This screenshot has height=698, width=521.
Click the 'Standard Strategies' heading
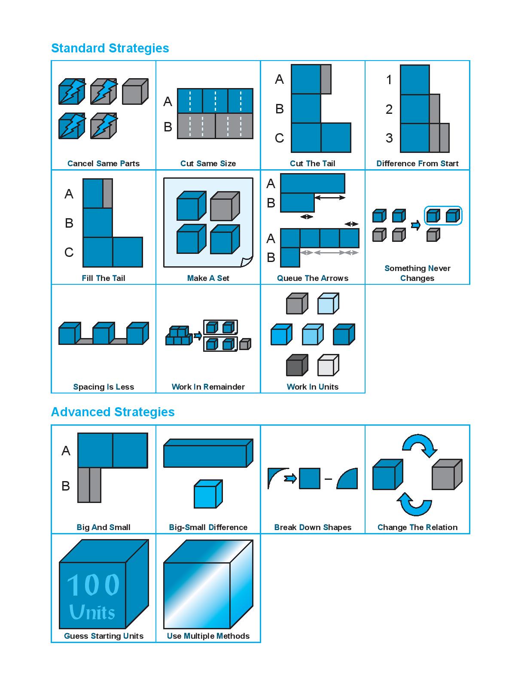pyautogui.click(x=110, y=48)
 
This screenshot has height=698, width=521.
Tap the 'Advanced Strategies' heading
pyautogui.click(x=113, y=412)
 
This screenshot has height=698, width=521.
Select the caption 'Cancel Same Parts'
pyautogui.click(x=104, y=163)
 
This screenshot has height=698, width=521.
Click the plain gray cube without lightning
pyautogui.click(x=134, y=91)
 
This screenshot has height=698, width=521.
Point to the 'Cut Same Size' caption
pyautogui.click(x=208, y=163)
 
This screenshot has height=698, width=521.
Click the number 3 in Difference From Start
pyautogui.click(x=389, y=138)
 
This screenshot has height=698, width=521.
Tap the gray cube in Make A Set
pyautogui.click(x=224, y=206)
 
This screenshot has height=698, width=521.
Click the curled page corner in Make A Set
pyautogui.click(x=247, y=262)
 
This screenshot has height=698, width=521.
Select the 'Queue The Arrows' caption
pyautogui.click(x=312, y=278)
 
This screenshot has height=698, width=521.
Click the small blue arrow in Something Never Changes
pyautogui.click(x=415, y=225)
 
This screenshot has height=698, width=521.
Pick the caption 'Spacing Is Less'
pyautogui.click(x=104, y=387)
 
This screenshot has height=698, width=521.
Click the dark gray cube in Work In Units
pyautogui.click(x=297, y=366)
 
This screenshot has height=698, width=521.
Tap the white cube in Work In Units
pyautogui.click(x=328, y=366)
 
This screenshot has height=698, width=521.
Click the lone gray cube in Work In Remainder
pyautogui.click(x=245, y=344)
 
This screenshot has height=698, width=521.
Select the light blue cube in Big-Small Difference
pyautogui.click(x=207, y=494)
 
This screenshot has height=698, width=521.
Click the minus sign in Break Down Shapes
pyautogui.click(x=328, y=479)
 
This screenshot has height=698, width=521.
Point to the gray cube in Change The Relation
pyautogui.click(x=446, y=475)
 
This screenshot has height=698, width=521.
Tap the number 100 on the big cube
pyautogui.click(x=93, y=585)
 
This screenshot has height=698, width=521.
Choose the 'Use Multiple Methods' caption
pyautogui.click(x=208, y=636)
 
